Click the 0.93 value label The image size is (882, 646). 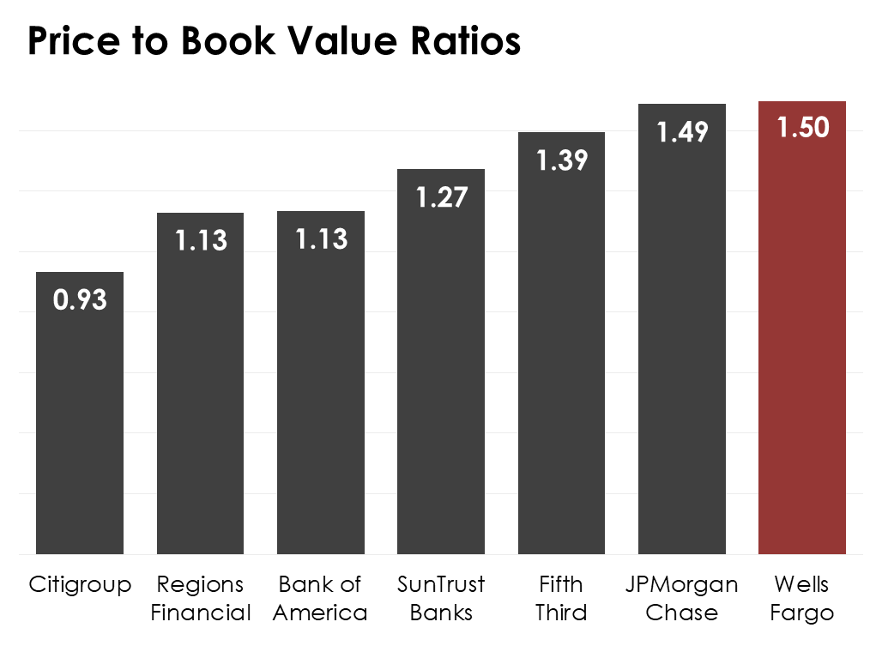(80, 300)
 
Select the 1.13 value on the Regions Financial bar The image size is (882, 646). (201, 241)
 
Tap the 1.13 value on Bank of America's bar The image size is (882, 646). (321, 239)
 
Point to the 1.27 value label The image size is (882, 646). (441, 197)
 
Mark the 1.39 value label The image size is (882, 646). (562, 160)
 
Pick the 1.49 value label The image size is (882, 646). (682, 132)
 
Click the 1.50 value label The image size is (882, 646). (803, 128)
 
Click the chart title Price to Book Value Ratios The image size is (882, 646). (274, 41)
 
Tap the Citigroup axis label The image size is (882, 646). (80, 585)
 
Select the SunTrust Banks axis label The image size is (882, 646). (441, 599)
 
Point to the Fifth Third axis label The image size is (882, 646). (562, 599)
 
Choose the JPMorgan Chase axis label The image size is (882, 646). (682, 599)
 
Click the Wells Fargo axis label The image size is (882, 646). (802, 599)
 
